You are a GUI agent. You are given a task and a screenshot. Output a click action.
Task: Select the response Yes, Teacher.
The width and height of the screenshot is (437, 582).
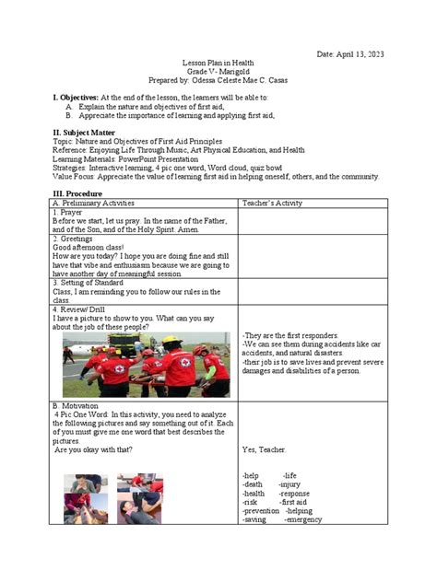pyautogui.click(x=266, y=449)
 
